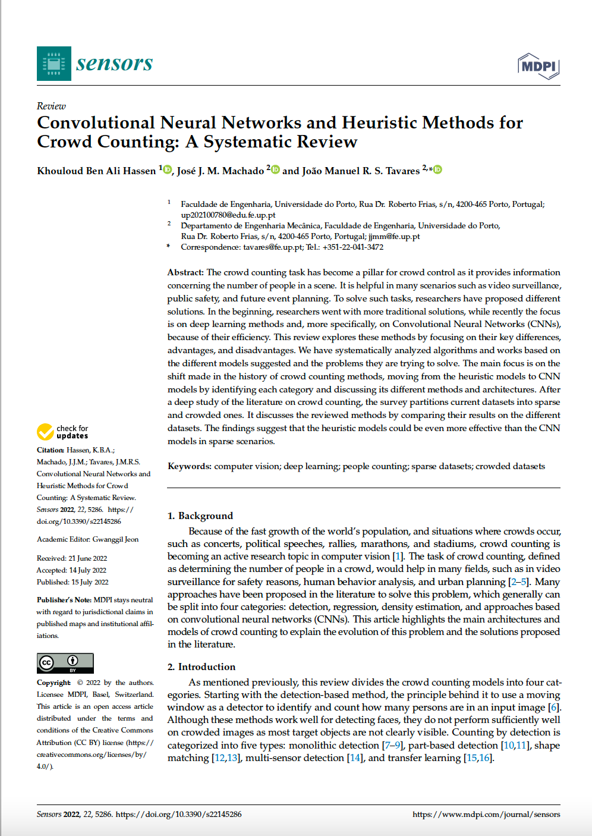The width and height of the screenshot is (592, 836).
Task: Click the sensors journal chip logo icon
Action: point(54,64)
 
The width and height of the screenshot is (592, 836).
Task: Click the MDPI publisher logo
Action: point(539,66)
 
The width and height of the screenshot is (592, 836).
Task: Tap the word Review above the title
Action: point(51,106)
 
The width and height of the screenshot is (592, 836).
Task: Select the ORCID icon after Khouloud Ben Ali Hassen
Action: point(168,170)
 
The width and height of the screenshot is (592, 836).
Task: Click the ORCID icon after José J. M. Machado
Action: point(275,170)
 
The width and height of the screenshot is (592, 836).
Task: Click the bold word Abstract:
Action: point(185,272)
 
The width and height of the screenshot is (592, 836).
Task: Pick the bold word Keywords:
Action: point(189,466)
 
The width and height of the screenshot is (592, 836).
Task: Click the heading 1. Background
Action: point(200,516)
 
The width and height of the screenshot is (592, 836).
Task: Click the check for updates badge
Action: point(62,432)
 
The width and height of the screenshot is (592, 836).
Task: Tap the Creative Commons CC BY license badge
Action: point(65,662)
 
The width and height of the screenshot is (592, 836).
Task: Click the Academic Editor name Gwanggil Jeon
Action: point(115,539)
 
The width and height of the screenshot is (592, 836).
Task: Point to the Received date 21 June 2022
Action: point(88,558)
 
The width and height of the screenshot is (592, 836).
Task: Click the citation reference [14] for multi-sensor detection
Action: point(355,758)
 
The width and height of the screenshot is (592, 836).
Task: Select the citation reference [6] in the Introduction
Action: point(554,707)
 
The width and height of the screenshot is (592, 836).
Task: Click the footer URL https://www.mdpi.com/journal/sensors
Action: point(486,814)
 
